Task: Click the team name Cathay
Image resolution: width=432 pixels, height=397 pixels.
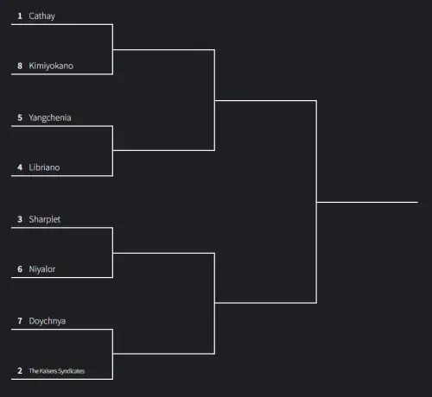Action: coord(41,16)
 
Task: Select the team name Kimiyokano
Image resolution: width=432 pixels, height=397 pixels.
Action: coord(51,66)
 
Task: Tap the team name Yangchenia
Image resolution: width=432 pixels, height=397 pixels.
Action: coord(50,117)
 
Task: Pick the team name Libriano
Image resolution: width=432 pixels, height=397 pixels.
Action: coord(44,167)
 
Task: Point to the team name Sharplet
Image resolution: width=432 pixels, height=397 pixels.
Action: coord(45,219)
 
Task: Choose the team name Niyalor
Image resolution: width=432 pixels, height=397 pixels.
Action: coord(42,269)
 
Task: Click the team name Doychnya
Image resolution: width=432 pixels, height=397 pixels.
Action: coord(48,321)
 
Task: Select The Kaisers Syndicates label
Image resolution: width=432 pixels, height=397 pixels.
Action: coord(57,371)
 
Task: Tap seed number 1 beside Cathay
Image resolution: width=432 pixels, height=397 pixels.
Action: coord(20,16)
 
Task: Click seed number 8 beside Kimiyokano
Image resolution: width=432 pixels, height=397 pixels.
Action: coord(20,66)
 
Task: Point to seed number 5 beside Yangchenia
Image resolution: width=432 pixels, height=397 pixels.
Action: coord(20,117)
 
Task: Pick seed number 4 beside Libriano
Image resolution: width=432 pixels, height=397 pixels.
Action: coord(20,167)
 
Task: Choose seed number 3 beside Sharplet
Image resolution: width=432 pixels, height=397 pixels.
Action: coord(20,219)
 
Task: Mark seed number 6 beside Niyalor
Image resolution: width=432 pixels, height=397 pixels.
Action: coord(20,269)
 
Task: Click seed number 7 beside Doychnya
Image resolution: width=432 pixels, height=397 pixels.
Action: coord(20,321)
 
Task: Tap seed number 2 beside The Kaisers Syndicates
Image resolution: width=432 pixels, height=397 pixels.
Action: coord(20,371)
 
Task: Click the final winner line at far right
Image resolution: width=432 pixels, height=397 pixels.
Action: coord(367,202)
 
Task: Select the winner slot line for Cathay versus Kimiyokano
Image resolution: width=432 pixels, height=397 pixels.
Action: coord(163,50)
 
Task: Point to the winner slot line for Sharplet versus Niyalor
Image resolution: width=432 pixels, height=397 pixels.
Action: coord(163,253)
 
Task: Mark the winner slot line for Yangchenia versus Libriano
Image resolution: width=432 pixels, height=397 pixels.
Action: coord(163,150)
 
